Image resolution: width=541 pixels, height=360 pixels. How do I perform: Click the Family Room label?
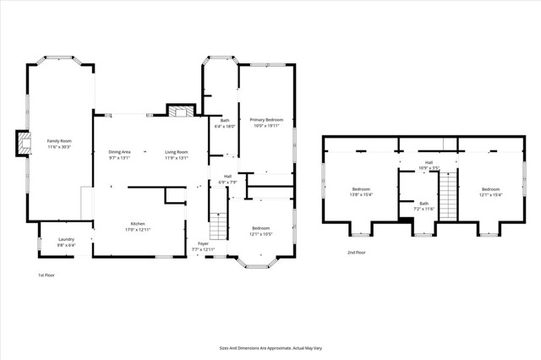pyautogui.click(x=58, y=140)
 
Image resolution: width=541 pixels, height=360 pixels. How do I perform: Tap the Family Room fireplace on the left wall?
pyautogui.click(x=22, y=144)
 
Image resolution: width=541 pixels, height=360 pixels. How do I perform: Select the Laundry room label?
pyautogui.click(x=66, y=239)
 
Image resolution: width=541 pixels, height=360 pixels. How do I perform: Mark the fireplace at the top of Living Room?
pyautogui.click(x=178, y=112)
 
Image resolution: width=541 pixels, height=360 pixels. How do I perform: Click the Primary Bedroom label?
pyautogui.click(x=265, y=121)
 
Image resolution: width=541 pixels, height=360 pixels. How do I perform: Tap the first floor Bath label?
pyautogui.click(x=225, y=121)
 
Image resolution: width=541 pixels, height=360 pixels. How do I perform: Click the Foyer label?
pyautogui.click(x=203, y=243)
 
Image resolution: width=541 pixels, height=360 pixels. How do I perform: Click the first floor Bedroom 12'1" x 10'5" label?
pyautogui.click(x=260, y=228)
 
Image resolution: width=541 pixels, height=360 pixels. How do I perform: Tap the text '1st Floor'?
pyautogui.click(x=47, y=275)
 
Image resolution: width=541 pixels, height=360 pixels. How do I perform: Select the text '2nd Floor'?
pyautogui.click(x=356, y=252)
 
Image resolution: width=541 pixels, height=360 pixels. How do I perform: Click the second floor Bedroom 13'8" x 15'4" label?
pyautogui.click(x=361, y=189)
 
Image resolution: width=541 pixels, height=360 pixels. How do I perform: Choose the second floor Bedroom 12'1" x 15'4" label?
pyautogui.click(x=491, y=189)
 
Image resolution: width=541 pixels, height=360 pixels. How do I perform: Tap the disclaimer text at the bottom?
pyautogui.click(x=270, y=347)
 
